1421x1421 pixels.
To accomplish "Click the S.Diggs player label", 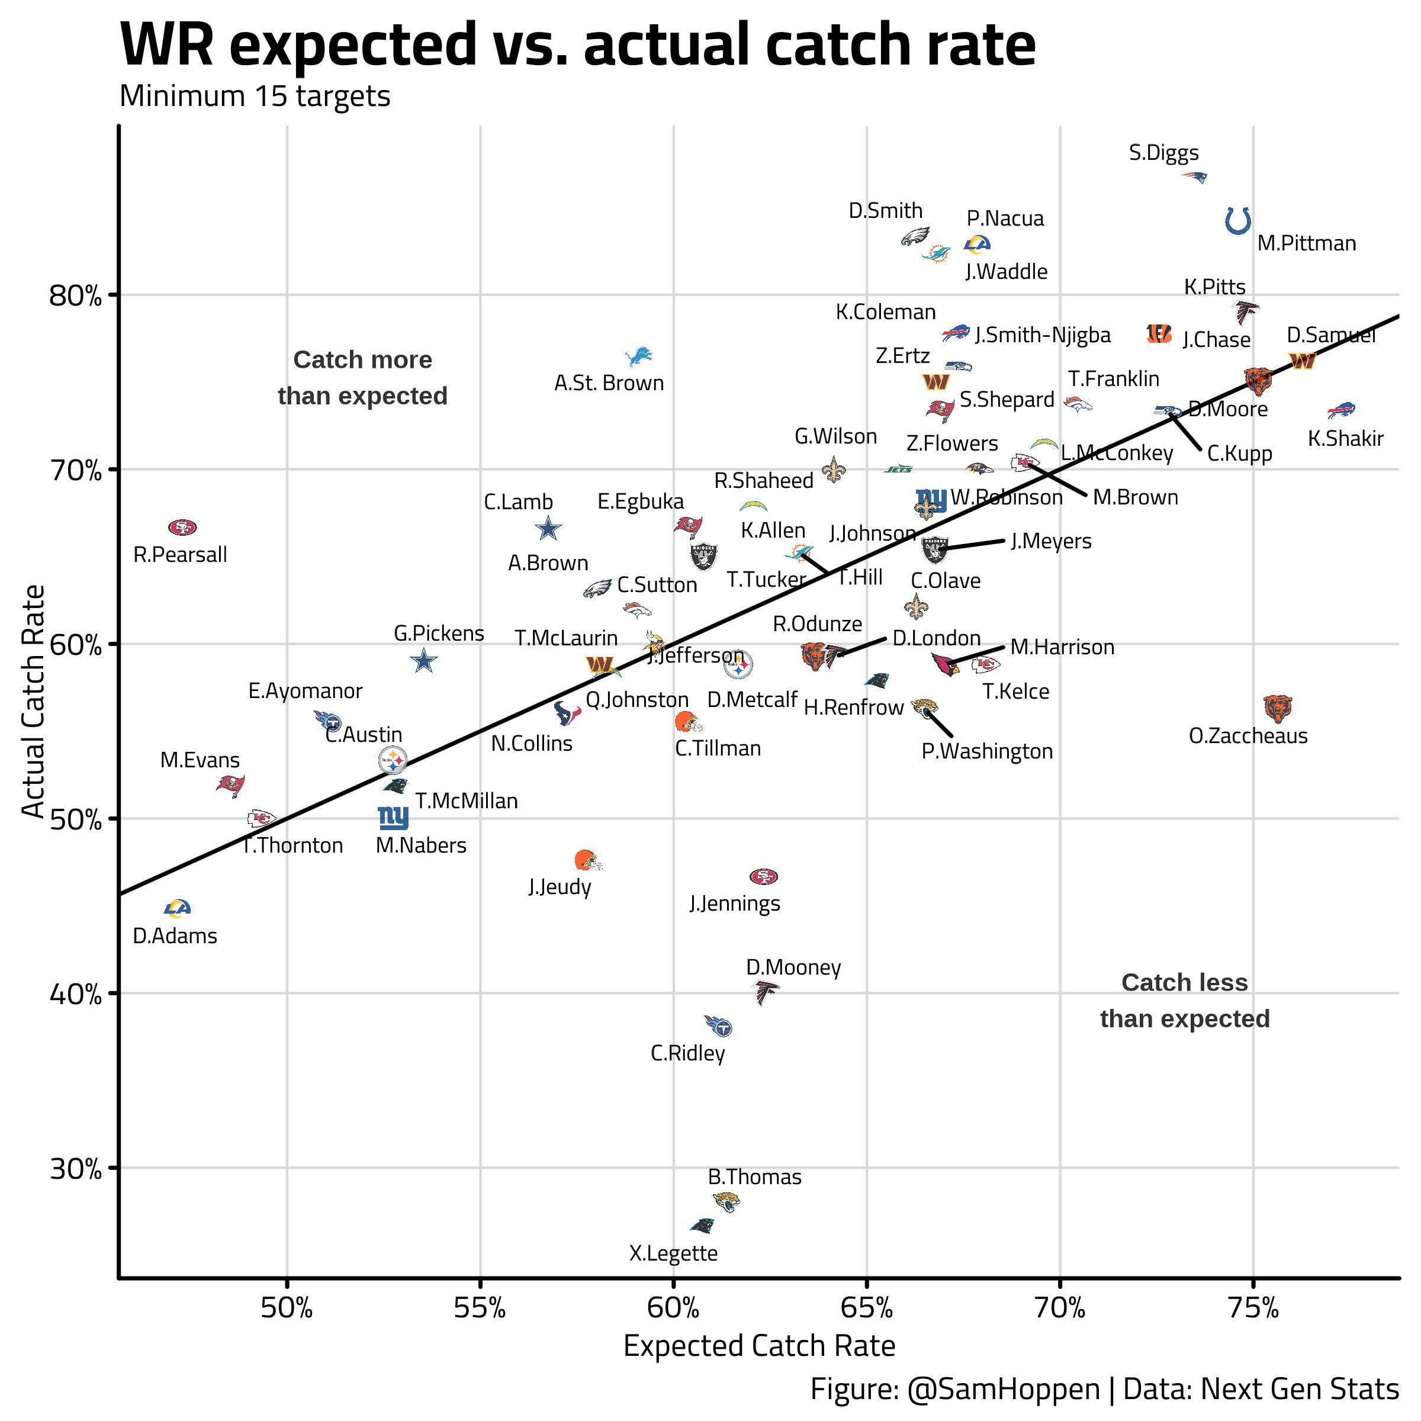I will pos(1163,153).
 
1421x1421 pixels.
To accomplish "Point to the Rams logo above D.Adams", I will pos(177,908).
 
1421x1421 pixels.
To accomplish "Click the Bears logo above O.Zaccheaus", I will pos(1278,708).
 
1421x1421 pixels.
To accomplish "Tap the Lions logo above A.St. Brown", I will pos(638,356).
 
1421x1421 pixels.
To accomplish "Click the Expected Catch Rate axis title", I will pos(759,1346).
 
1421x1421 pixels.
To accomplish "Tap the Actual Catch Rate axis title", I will pos(33,701).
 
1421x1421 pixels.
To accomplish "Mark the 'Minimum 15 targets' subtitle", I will pos(255,97).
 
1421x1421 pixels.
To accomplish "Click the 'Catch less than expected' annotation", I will pos(1184,1000).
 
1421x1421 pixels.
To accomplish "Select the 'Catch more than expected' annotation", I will pos(362,377).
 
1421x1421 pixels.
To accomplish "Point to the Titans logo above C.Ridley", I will pos(718,1026).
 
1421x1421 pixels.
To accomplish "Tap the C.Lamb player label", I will pos(518,501).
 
